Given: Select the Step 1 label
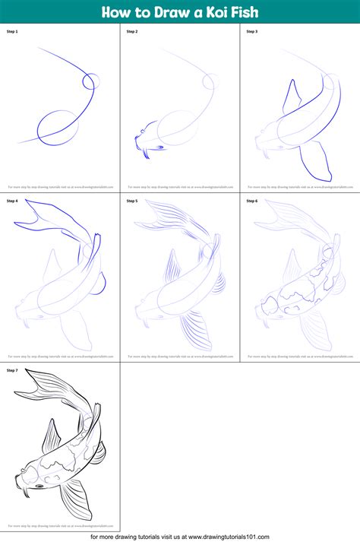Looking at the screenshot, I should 12,31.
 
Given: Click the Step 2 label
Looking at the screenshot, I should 132,31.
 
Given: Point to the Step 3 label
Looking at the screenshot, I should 251,31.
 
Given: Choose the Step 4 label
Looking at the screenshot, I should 12,201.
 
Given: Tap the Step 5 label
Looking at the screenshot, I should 132,201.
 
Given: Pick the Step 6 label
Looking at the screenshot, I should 251,201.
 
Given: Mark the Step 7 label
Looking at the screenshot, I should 12,370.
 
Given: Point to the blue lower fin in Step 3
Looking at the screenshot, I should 315,161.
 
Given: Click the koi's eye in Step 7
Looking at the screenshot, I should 39,487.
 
